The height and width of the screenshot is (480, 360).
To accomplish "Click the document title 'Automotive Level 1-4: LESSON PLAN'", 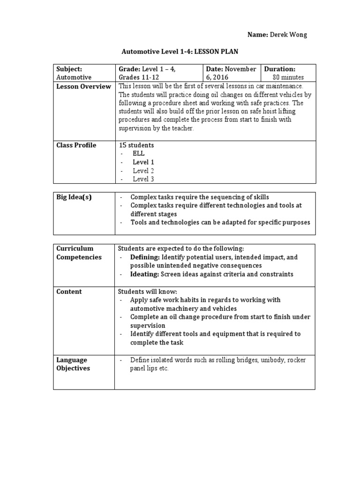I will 180,52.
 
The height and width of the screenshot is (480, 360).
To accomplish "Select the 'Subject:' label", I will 69,69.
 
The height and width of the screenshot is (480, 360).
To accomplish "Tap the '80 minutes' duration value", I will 288,77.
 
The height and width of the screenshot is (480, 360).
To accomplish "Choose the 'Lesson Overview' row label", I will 83,86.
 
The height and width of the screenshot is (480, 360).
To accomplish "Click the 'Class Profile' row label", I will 76,145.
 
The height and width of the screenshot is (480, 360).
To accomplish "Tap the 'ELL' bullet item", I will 139,154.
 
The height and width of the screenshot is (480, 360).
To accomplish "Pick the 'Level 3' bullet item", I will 143,179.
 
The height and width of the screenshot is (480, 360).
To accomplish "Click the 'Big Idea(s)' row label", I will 74,197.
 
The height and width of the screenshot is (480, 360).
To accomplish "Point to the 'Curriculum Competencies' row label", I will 79,253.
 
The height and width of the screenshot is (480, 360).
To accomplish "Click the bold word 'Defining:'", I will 145,257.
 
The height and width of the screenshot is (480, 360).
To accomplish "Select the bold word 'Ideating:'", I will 144,274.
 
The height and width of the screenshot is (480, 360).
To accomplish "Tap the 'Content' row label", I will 69,292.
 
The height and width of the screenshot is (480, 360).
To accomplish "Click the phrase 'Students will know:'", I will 148,292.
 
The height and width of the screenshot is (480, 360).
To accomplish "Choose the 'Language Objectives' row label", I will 73,364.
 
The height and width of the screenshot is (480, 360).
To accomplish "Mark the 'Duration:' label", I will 280,69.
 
